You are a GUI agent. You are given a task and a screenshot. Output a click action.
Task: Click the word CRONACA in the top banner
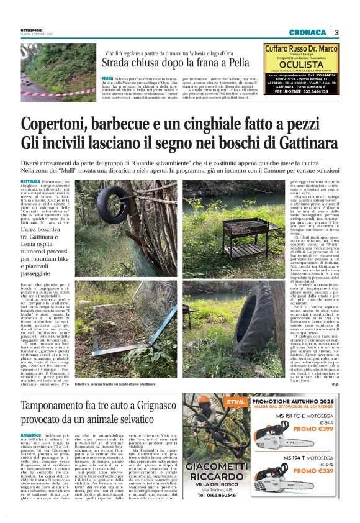pyautogui.click(x=307, y=32)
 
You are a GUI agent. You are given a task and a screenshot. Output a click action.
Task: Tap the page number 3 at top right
pyautogui.click(x=336, y=32)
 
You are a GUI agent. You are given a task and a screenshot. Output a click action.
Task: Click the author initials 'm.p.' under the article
pyautogui.click(x=335, y=384)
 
